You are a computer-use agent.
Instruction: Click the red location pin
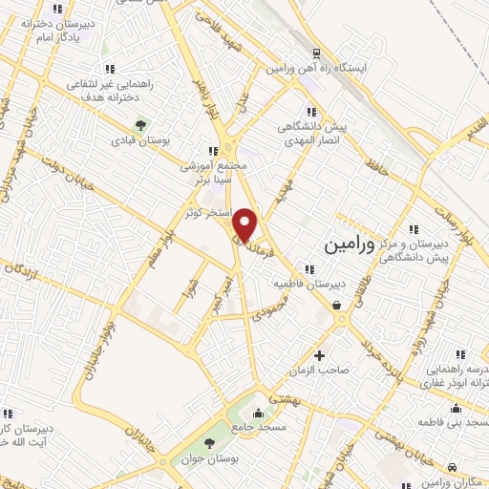click(x=246, y=223)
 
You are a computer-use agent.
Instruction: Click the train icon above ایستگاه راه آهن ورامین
click(x=313, y=53)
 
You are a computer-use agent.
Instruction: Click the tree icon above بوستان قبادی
click(x=141, y=124)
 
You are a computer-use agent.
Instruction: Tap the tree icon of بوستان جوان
click(x=209, y=445)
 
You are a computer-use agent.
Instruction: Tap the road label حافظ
click(x=378, y=169)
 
